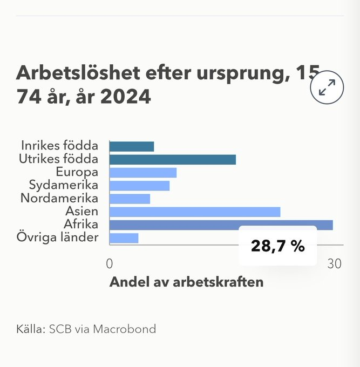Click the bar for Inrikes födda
click(131, 146)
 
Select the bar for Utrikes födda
click(172, 159)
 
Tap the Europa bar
click(142, 173)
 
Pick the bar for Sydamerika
click(139, 186)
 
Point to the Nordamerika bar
click(130, 199)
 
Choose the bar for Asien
click(194, 212)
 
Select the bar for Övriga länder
click(124, 238)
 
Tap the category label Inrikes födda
click(59, 146)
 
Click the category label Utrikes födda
click(59, 159)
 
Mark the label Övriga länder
click(57, 237)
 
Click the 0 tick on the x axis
click(109, 264)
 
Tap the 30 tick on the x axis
click(335, 264)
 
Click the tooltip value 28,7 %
click(277, 246)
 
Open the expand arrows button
click(327, 87)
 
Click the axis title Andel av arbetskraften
click(186, 282)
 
